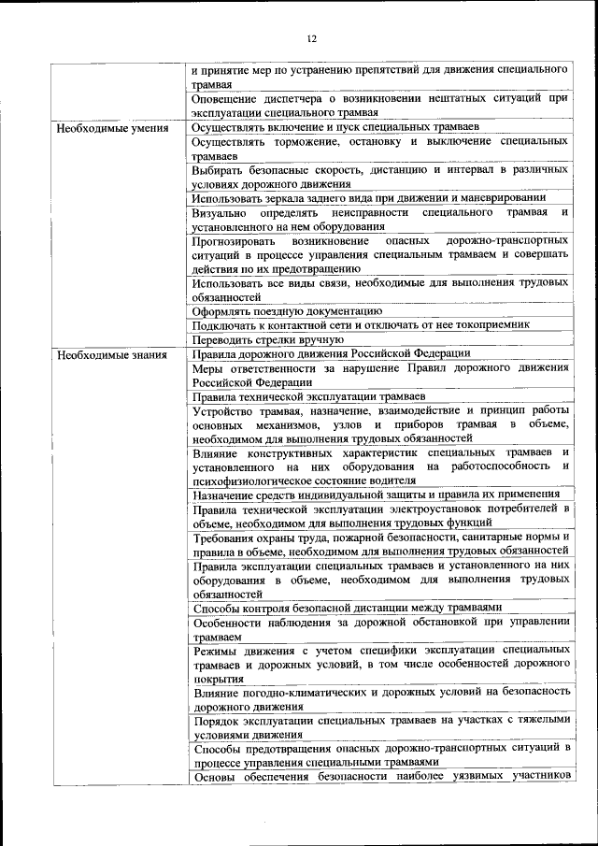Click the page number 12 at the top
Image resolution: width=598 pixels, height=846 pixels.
tap(310, 37)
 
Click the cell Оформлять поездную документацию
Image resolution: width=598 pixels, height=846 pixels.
tap(287, 310)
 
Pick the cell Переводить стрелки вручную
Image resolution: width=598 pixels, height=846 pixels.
tap(268, 339)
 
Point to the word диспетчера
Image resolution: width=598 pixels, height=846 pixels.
tap(294, 98)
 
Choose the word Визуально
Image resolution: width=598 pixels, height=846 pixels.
tap(221, 212)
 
